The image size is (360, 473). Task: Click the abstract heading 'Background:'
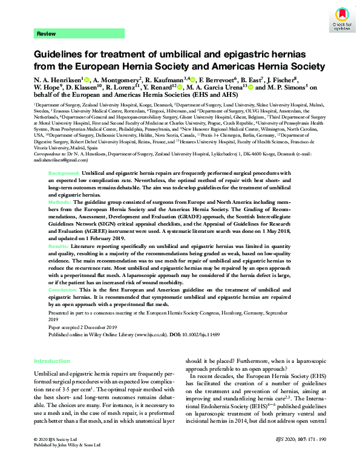(x=64, y=173)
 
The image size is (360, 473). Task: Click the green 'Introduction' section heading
(x=52, y=360)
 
